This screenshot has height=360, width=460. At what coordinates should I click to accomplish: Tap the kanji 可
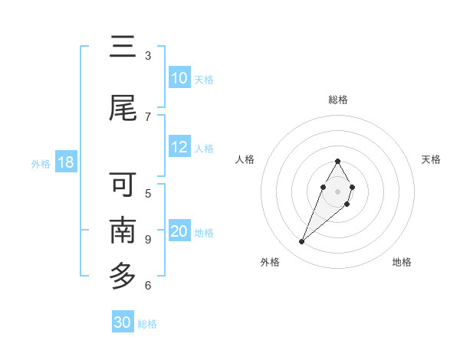click(x=123, y=185)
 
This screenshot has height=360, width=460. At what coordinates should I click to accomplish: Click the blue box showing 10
click(x=179, y=78)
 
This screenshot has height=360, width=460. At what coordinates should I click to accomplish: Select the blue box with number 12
click(x=179, y=147)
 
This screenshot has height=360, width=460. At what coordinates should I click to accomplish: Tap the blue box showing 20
click(x=179, y=231)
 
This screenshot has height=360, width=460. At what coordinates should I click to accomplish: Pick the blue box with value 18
click(x=65, y=162)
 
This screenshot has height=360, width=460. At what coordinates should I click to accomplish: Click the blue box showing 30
click(x=123, y=322)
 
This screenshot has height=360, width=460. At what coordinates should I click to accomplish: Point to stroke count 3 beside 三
click(x=148, y=56)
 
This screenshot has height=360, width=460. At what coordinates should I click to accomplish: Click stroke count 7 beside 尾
click(x=148, y=116)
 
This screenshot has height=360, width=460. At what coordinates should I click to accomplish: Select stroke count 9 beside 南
click(x=148, y=240)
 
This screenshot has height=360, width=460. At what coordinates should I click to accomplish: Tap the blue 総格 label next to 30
click(x=147, y=324)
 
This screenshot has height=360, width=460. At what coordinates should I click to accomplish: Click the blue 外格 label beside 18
click(x=40, y=163)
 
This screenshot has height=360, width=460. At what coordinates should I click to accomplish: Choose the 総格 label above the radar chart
click(x=338, y=100)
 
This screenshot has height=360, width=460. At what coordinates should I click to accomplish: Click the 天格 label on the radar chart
click(x=431, y=159)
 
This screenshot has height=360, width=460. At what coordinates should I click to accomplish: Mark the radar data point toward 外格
click(x=301, y=242)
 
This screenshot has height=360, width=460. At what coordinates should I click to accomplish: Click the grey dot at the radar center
click(x=337, y=190)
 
